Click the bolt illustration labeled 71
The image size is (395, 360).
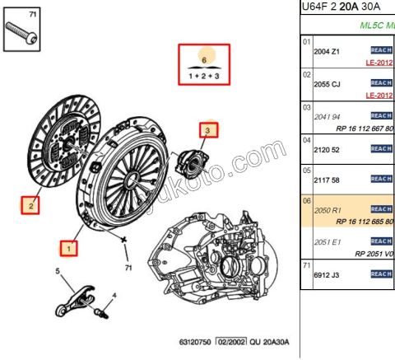click(x=22, y=34)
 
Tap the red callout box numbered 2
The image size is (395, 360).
click(x=30, y=203)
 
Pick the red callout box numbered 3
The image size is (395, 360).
click(x=208, y=130)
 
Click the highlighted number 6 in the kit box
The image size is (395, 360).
click(x=205, y=59)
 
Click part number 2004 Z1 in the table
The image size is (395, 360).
click(x=328, y=51)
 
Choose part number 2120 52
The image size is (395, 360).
click(x=327, y=148)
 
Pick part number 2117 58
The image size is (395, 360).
click(x=327, y=179)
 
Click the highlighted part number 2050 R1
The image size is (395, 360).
click(x=328, y=210)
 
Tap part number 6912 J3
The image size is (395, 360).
click(x=328, y=273)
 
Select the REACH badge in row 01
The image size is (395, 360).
click(x=381, y=50)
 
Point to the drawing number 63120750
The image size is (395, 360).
click(x=196, y=340)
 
